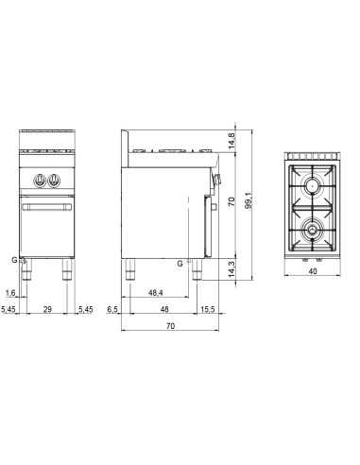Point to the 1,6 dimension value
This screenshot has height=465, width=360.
click(x=9, y=293)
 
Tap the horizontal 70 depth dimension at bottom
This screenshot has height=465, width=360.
click(x=169, y=327)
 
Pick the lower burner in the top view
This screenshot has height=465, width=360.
click(x=313, y=228)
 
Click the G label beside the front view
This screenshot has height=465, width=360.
click(x=13, y=258)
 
